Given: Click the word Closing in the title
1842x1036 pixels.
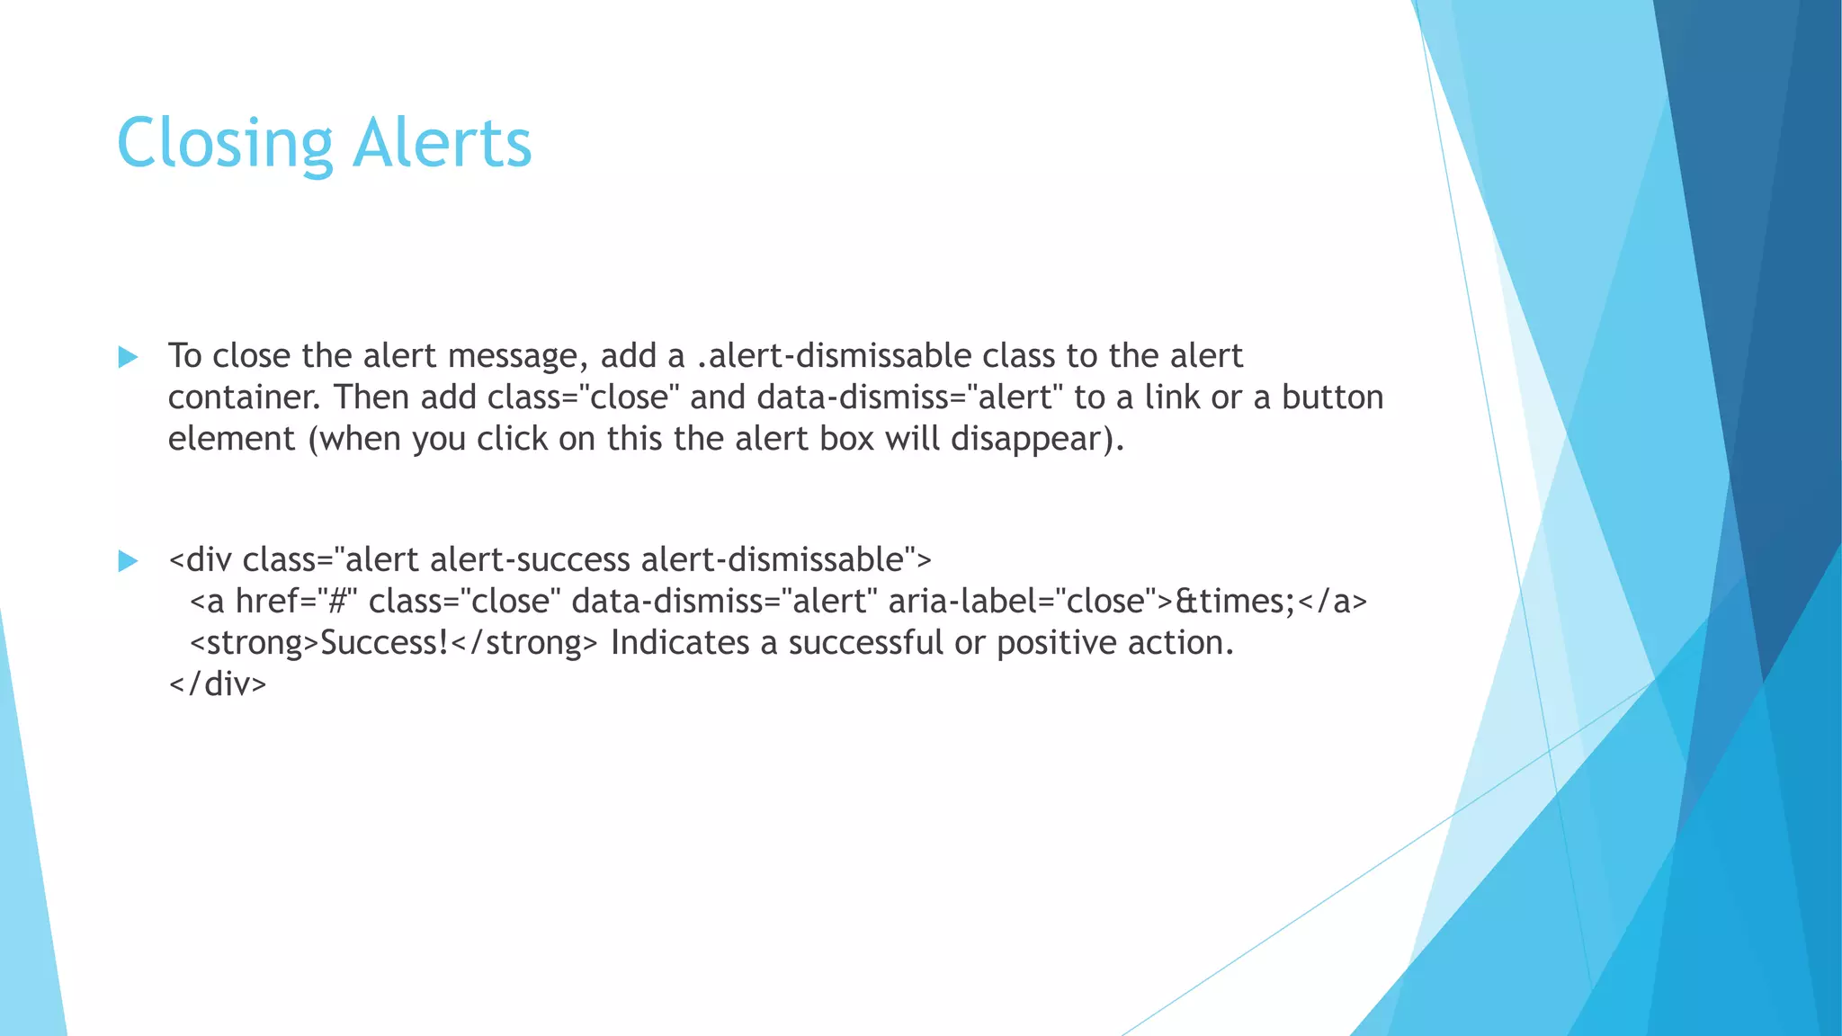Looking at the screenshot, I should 225,144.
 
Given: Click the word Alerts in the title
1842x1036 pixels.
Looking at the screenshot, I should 442,144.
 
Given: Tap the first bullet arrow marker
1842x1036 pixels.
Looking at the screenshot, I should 128,357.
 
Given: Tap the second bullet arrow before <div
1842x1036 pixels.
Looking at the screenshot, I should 128,561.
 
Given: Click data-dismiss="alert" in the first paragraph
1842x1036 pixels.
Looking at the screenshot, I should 909,397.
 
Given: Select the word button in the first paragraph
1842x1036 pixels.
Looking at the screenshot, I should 1332,397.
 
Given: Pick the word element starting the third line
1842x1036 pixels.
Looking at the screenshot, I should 231,439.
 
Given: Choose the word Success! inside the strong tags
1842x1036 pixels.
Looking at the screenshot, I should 384,643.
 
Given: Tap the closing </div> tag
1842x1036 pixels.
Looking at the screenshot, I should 218,684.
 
